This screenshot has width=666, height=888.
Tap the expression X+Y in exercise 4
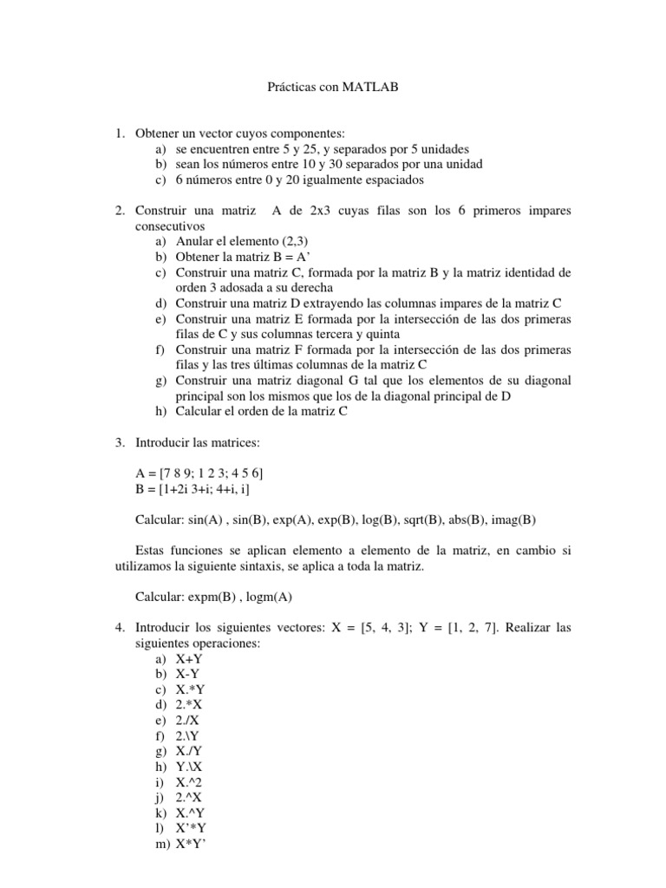(x=189, y=659)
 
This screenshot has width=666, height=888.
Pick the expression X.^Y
(x=190, y=813)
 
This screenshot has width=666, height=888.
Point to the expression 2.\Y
(x=187, y=736)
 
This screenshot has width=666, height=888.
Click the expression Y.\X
(x=189, y=767)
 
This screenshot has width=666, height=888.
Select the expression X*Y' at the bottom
(x=192, y=844)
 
